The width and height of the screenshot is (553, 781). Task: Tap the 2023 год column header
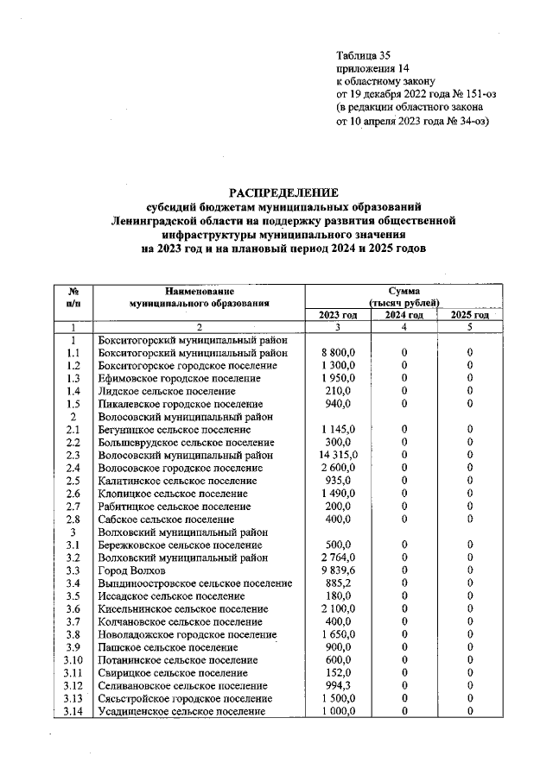[x=339, y=315]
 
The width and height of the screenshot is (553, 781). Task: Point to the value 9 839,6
[x=336, y=571]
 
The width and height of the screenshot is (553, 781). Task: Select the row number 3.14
[x=73, y=711]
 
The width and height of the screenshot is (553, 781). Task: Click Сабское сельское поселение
[x=166, y=520]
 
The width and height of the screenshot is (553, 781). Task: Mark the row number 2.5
[x=73, y=481]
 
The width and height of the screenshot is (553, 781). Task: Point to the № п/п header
[x=73, y=298]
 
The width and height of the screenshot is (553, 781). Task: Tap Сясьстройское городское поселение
[x=185, y=698]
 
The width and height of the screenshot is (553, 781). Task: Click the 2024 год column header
[x=404, y=315]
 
